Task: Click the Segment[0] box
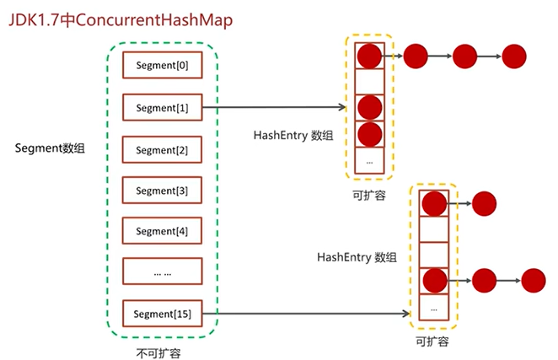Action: pos(163,65)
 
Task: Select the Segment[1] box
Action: pos(163,107)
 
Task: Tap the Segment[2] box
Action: pos(163,149)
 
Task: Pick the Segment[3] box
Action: pos(163,191)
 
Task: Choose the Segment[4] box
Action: pos(163,231)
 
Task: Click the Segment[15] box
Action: pos(163,314)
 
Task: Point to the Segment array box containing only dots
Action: pos(163,271)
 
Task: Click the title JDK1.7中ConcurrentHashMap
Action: pos(121,20)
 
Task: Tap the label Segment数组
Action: pos(50,148)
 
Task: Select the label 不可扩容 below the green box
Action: pos(158,353)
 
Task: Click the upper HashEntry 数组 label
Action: pos(293,135)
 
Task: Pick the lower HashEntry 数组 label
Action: pos(357,257)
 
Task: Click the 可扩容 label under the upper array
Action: pos(369,195)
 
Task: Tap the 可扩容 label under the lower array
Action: pos(432,341)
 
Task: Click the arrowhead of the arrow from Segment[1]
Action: pos(342,107)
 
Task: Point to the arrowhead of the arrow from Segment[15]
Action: pos(406,314)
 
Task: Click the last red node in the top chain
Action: pos(514,56)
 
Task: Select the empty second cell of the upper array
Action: pos(369,82)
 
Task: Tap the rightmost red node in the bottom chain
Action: pos(533,281)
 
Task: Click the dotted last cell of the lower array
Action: pos(434,307)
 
